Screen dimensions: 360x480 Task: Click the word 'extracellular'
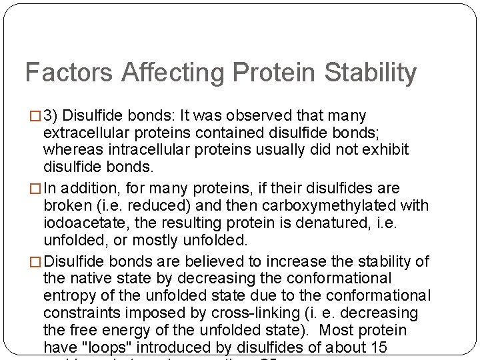[x=85, y=133]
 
